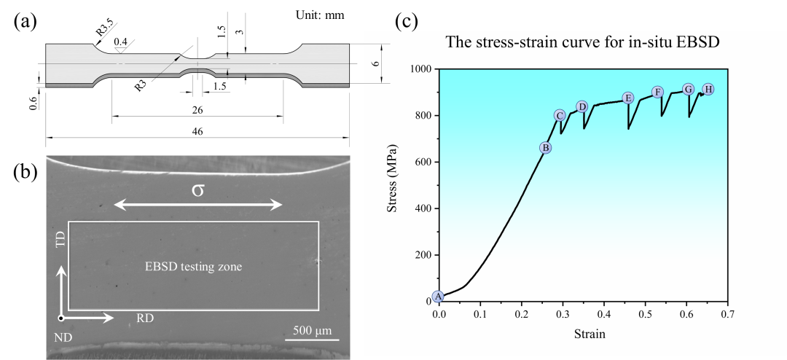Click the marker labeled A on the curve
click(x=438, y=296)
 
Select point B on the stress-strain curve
click(x=545, y=148)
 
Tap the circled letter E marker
click(x=628, y=98)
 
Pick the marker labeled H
click(x=708, y=89)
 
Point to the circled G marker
click(x=688, y=89)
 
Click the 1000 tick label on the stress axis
click(x=421, y=69)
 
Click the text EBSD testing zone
click(x=192, y=267)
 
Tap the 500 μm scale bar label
click(x=311, y=331)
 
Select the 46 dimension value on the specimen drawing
click(x=197, y=132)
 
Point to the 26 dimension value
click(x=197, y=110)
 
